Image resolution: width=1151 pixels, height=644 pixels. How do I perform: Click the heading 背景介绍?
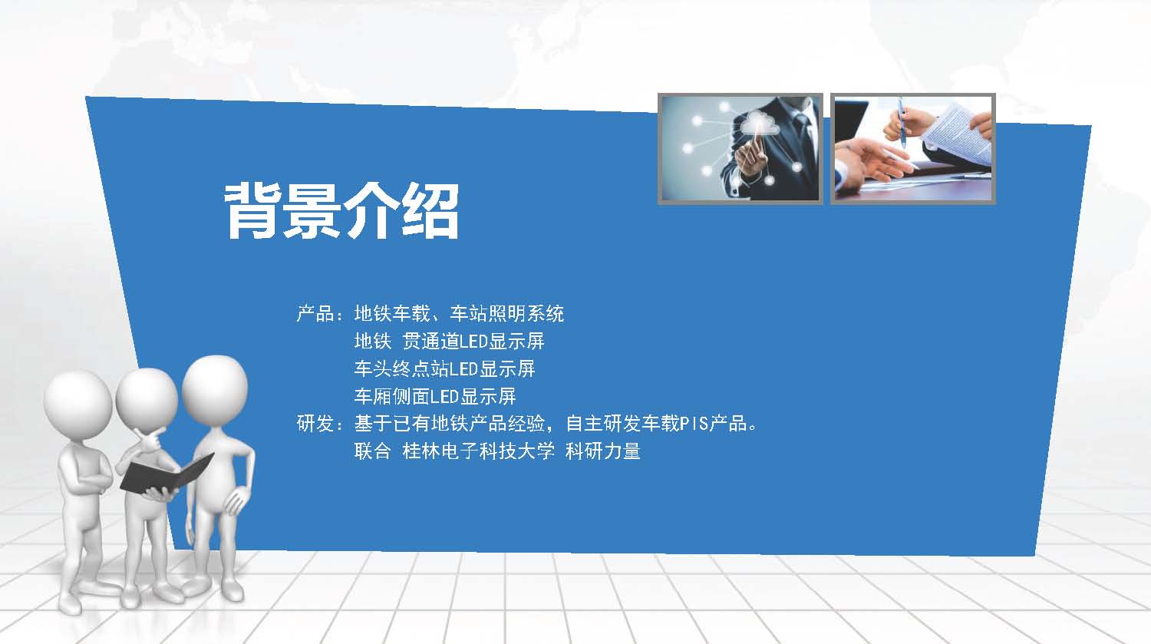341,211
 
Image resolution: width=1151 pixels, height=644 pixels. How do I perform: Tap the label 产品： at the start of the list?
320,313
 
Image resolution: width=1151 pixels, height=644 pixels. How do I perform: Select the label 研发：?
320,424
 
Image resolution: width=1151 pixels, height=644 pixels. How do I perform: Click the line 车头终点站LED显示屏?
444,368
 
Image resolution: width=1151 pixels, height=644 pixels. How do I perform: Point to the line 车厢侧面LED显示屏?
435,396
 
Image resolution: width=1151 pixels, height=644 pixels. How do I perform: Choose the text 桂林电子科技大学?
478,451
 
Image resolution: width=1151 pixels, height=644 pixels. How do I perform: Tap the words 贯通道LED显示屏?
473,341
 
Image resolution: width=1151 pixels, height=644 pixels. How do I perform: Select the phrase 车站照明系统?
506,313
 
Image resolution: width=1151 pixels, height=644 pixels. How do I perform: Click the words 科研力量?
602,451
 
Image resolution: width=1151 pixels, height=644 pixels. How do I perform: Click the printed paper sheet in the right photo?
958,131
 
